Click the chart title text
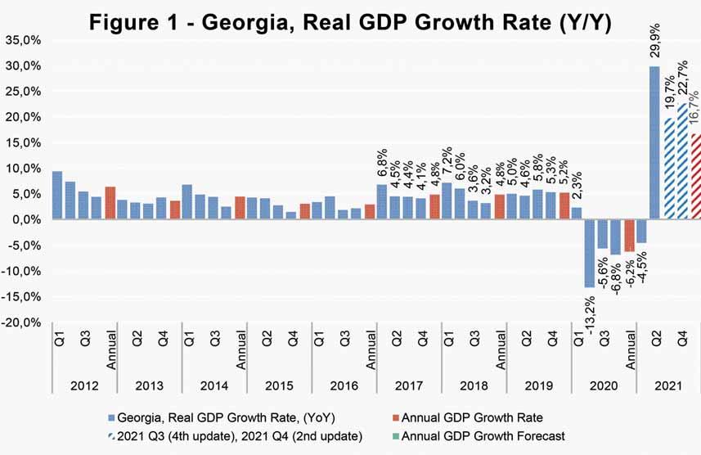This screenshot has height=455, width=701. tap(349, 23)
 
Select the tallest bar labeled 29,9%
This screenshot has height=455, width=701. tap(654, 143)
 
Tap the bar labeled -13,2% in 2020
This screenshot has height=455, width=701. tap(589, 253)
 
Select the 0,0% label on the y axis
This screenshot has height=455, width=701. tap(25, 220)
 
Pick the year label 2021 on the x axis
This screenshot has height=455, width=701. tap(667, 385)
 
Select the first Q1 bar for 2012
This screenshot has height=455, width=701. tap(56, 196)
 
